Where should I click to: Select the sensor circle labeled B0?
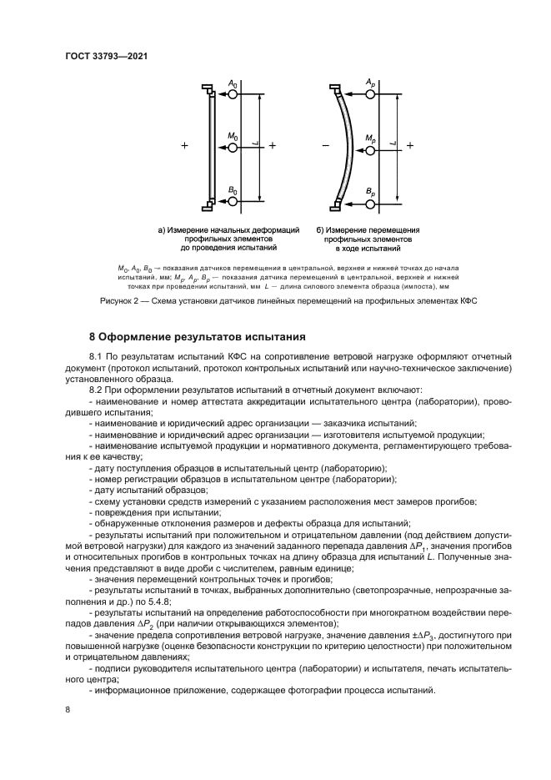[x=233, y=202]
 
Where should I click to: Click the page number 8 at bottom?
[x=68, y=709]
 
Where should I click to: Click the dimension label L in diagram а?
[x=254, y=147]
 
